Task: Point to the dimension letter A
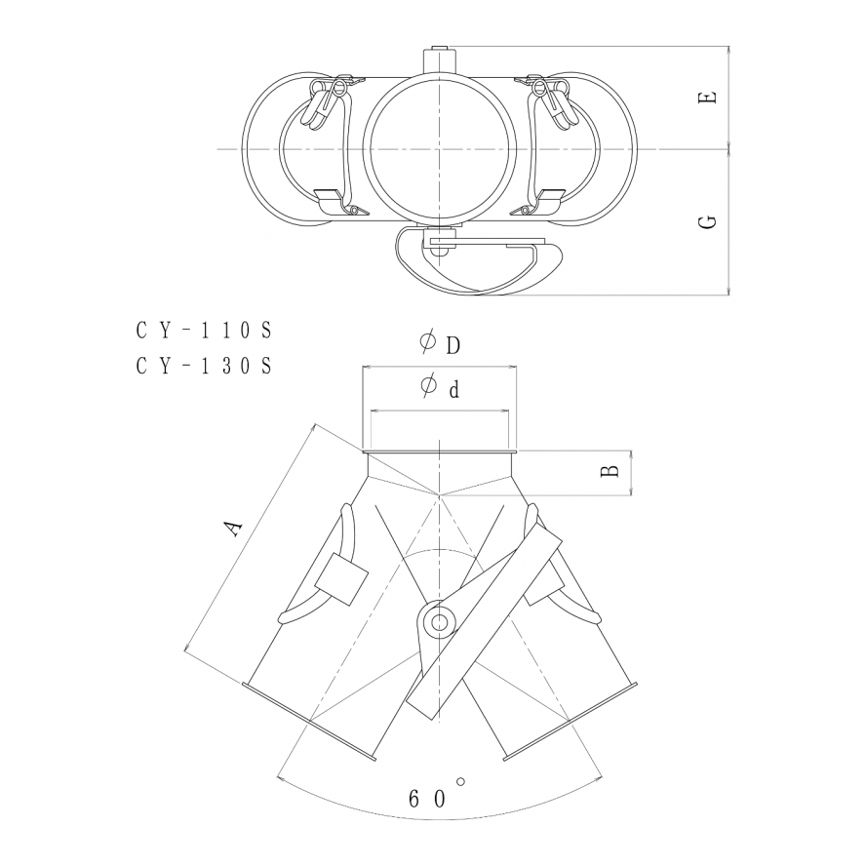232,529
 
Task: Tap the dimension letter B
609,471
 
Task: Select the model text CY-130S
203,366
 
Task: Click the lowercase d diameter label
453,390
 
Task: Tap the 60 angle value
426,798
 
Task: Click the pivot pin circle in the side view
438,621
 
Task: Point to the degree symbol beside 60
461,780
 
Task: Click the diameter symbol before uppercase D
427,342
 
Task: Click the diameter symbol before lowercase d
427,387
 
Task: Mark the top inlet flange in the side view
439,452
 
